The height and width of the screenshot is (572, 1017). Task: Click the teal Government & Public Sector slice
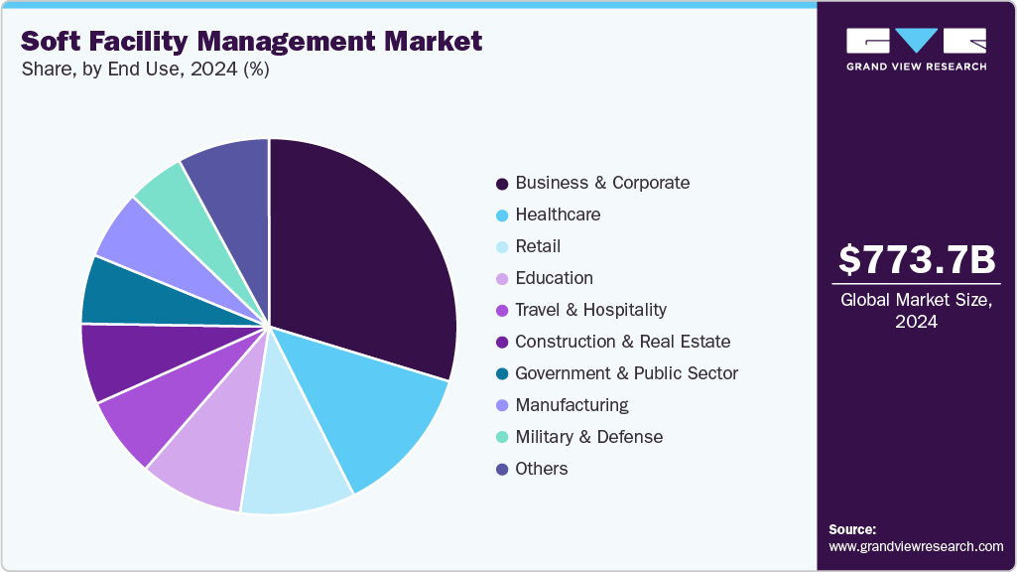[x=124, y=293]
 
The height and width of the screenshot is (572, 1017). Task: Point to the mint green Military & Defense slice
[x=167, y=194]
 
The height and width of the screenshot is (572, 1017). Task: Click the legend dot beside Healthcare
[x=502, y=215]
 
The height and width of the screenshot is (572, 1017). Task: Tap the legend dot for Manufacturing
[x=502, y=406]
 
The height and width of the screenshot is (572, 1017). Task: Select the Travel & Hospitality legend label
[x=590, y=310]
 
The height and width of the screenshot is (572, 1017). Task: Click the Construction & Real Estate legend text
[x=622, y=342]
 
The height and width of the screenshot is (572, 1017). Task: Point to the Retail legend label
[x=538, y=246]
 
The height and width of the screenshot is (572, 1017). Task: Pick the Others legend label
[x=542, y=469]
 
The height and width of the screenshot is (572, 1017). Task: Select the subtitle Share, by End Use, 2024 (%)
[x=145, y=71]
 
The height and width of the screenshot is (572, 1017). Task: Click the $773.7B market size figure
[x=916, y=260]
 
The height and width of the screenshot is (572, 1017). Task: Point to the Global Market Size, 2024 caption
[x=916, y=311]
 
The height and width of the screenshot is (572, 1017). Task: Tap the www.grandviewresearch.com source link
[x=916, y=546]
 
